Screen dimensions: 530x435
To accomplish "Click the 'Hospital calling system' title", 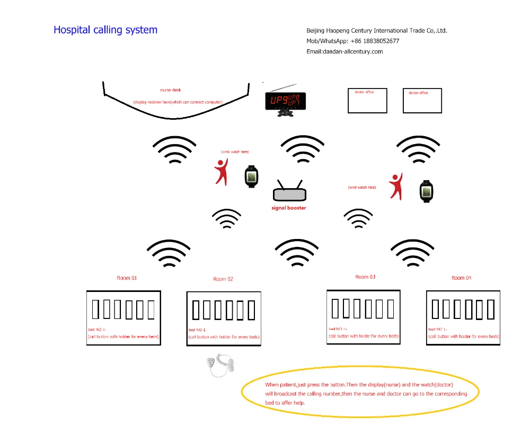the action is coord(105,30).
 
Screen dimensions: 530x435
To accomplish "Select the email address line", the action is coord(344,51).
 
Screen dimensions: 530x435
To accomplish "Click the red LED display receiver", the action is coord(285,100).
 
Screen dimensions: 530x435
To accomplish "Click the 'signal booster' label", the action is coord(289,208).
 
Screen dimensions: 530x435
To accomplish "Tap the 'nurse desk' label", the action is coord(171,90).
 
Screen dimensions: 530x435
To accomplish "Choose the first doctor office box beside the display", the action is coord(367,101).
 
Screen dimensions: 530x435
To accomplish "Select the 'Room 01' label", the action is coord(127,278).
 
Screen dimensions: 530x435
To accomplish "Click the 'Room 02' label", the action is coord(223,279).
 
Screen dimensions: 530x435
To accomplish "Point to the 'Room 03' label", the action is coord(365,277).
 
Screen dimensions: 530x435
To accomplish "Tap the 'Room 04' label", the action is coord(461,278).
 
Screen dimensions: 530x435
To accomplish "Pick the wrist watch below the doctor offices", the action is coord(427,191).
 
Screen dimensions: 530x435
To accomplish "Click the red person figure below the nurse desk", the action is coord(222,172).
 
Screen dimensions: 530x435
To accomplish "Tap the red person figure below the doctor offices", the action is coord(395,187).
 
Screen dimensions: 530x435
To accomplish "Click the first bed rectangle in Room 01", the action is coord(96,309).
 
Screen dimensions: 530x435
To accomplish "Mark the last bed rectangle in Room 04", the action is coord(491,309).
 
